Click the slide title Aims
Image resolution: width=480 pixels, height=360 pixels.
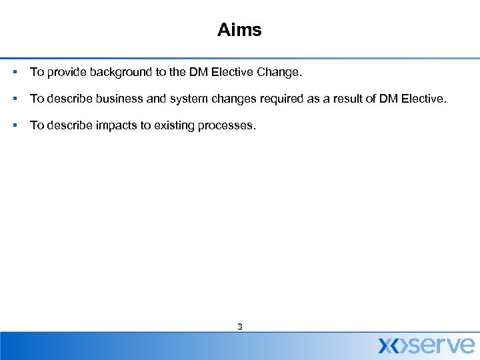(239, 30)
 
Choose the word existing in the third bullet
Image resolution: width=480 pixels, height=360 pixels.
(173, 125)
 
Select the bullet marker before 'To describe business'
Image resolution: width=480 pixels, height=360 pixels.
(14, 99)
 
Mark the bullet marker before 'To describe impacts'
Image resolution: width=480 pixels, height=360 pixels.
(14, 125)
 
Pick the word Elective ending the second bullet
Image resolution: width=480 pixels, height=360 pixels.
(420, 99)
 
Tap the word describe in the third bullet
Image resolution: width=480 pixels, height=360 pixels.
(66, 125)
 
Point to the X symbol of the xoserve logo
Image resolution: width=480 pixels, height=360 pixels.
(390, 345)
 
